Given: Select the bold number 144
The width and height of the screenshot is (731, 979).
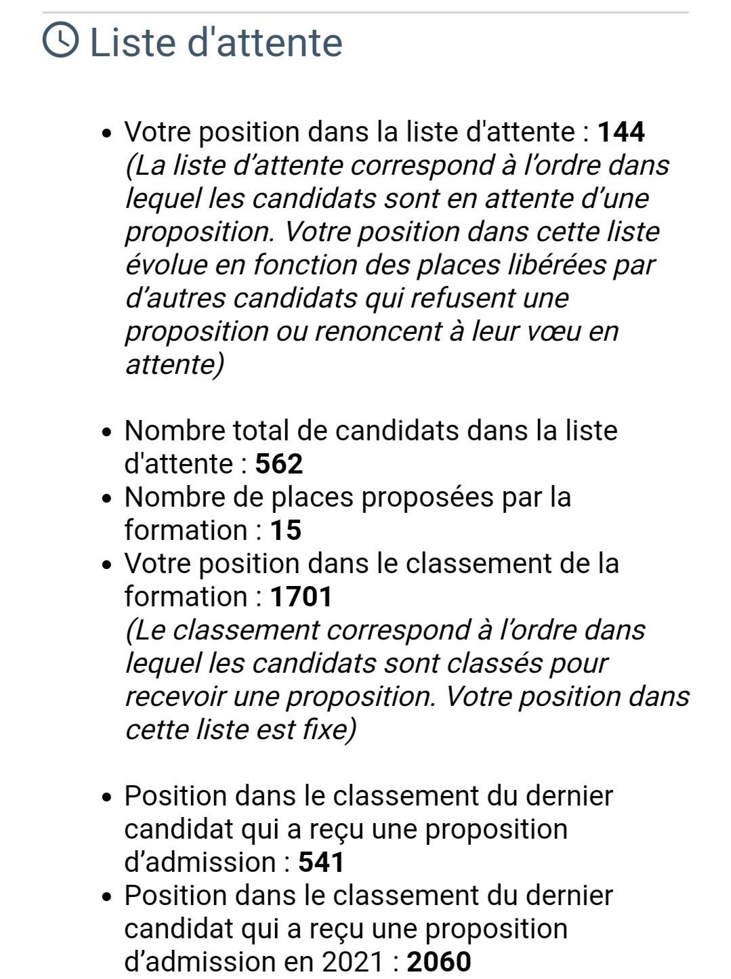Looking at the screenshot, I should [x=621, y=131].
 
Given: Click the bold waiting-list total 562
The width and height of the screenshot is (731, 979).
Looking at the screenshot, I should [x=279, y=464].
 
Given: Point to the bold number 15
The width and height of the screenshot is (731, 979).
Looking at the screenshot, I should [x=286, y=530].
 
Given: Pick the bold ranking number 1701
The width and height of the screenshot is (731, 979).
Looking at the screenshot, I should [x=301, y=597].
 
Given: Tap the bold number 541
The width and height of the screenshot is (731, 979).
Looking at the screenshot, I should [x=322, y=862].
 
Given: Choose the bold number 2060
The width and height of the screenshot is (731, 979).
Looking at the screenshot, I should [x=439, y=962].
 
